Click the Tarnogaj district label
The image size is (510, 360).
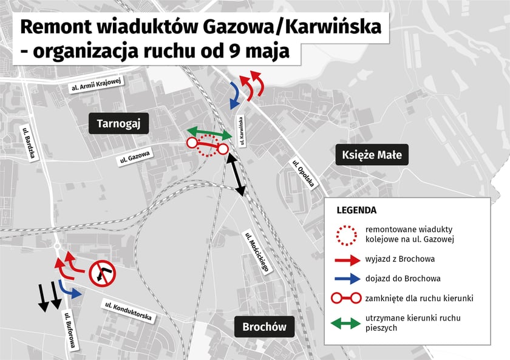click(x=118, y=124)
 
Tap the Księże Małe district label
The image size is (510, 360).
click(x=369, y=155)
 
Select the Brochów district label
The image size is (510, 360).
click(x=264, y=327)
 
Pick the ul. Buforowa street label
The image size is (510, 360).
click(x=70, y=330)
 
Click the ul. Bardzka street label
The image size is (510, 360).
click(x=29, y=144)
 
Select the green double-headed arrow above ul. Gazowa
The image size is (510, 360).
click(x=209, y=132)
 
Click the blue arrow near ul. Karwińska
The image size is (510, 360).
click(x=234, y=95)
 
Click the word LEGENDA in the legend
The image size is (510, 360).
click(x=356, y=210)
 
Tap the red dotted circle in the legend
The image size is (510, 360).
click(x=345, y=234)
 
